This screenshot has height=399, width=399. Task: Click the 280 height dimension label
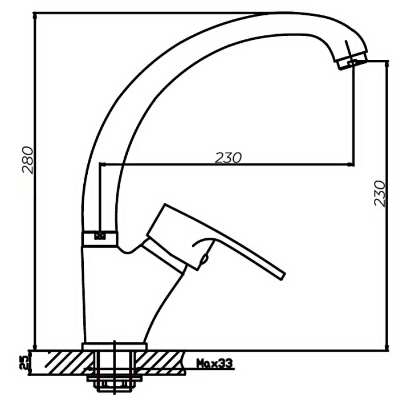coord(28,160)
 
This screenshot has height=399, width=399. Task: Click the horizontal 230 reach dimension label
coord(228,158)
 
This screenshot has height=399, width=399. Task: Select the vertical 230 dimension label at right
coord(380,193)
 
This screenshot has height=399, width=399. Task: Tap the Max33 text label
coord(214,364)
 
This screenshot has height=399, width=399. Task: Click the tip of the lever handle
coord(283,276)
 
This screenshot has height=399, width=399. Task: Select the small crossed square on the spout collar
coord(100,235)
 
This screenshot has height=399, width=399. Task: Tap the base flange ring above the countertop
coord(115,347)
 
